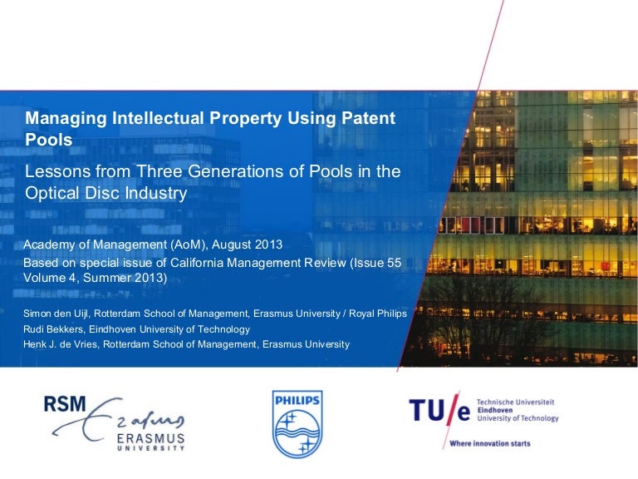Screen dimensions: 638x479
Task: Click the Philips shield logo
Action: click(x=297, y=424)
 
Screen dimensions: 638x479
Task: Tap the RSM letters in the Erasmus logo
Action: click(x=65, y=404)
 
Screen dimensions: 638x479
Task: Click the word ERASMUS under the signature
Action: click(x=150, y=439)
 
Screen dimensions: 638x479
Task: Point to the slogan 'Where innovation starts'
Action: click(x=490, y=443)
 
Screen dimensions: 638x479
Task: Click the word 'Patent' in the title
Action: click(x=368, y=118)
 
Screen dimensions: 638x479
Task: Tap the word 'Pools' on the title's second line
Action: click(x=49, y=140)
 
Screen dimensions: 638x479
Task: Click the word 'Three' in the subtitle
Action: click(x=159, y=171)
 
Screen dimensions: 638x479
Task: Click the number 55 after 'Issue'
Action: click(x=395, y=263)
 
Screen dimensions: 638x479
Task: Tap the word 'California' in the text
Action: click(x=197, y=263)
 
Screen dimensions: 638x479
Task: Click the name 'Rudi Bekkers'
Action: click(x=53, y=329)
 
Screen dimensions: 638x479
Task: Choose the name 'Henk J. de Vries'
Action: click(x=60, y=344)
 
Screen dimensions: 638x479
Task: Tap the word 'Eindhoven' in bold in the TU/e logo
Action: click(x=495, y=410)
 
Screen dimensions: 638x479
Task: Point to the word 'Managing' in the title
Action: click(x=66, y=119)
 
